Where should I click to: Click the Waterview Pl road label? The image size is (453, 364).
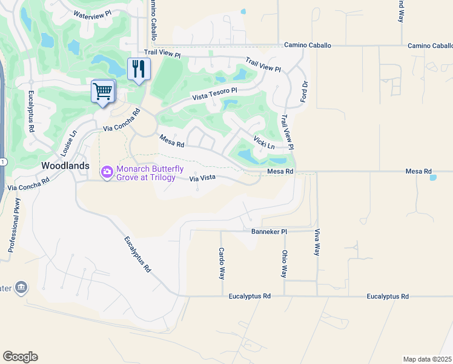tap(92, 13)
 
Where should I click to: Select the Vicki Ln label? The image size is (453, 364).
tap(264, 143)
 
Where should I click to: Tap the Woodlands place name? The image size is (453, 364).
tap(65, 166)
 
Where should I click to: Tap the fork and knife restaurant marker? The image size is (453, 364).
tap(139, 69)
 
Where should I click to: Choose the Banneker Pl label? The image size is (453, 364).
tap(269, 231)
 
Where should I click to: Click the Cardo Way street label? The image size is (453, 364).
tap(222, 262)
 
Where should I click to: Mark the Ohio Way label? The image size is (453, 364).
tap(283, 264)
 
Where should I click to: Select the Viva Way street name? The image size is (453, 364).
tap(317, 242)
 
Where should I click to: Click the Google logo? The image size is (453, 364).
tap(20, 357)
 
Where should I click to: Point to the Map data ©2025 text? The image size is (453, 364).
tap(427, 359)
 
